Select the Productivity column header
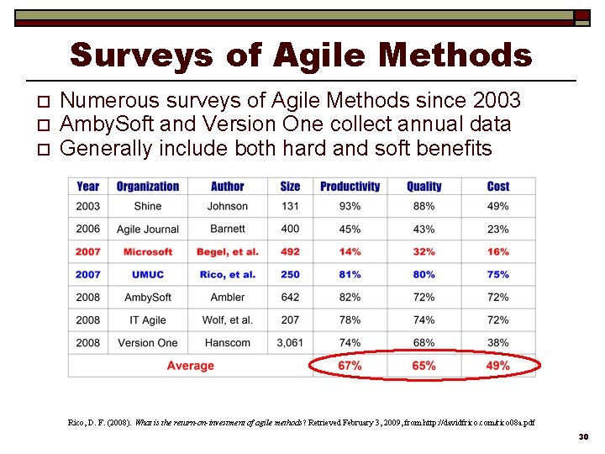pos(350,187)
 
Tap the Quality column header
pos(423,187)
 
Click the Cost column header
pos(497,187)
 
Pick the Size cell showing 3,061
pos(290,343)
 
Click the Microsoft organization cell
pos(147,252)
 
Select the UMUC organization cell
pos(147,275)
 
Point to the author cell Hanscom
pos(227,343)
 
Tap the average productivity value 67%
pos(350,366)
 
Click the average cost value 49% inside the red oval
pos(497,366)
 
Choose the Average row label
pos(190,366)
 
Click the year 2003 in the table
pos(87,206)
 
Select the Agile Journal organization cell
pos(147,229)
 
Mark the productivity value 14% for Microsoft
pos(350,252)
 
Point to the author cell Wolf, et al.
pos(227,320)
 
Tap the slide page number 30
pos(585,438)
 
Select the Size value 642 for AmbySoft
pos(290,298)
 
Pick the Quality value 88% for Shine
pos(423,206)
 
